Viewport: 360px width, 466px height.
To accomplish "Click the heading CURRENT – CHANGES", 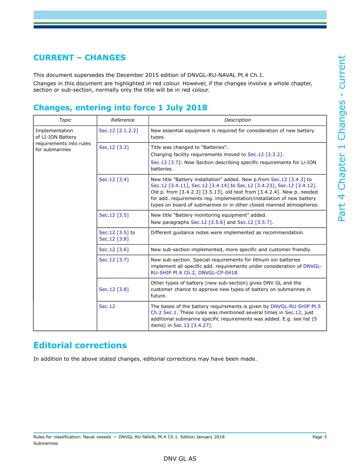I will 80,58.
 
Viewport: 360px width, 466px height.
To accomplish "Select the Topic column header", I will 65,120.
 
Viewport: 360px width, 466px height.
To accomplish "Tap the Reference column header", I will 122,120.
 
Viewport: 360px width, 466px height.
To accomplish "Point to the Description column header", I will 237,120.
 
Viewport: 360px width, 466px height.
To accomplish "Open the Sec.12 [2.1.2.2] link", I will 118,131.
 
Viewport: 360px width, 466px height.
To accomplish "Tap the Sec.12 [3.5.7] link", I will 254,222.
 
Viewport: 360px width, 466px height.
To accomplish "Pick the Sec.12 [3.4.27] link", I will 192,325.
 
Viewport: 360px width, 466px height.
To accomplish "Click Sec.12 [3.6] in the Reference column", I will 114,250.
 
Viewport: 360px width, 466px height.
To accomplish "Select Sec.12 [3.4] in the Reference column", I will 114,180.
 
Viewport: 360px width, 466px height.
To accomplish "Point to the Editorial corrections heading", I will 80,346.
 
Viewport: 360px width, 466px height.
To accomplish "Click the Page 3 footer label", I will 319,437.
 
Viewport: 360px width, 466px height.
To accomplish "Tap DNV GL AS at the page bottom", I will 180,459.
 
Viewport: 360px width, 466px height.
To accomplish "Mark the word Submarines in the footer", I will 45,443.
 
